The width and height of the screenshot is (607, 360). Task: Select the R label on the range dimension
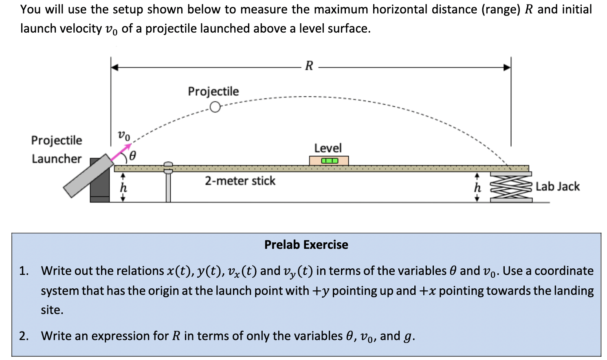pyautogui.click(x=309, y=66)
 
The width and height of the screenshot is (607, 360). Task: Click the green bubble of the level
pyautogui.click(x=329, y=161)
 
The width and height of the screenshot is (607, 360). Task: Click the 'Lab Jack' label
pyautogui.click(x=557, y=187)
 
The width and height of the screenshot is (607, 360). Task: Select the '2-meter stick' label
pyautogui.click(x=240, y=181)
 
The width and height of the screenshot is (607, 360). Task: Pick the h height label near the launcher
pyautogui.click(x=123, y=188)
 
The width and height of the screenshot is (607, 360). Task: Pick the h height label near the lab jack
pyautogui.click(x=477, y=188)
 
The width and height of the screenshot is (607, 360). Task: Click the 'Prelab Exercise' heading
pyautogui.click(x=306, y=245)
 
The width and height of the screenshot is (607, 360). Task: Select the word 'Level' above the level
pyautogui.click(x=328, y=148)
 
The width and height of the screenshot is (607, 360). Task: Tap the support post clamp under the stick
pyautogui.click(x=168, y=168)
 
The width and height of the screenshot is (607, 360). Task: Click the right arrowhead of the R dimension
pyautogui.click(x=507, y=68)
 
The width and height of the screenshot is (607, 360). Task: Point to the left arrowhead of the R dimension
pyautogui.click(x=115, y=68)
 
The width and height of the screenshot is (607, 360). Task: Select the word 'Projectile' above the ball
pyautogui.click(x=213, y=91)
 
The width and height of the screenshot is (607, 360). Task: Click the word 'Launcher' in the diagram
pyautogui.click(x=57, y=158)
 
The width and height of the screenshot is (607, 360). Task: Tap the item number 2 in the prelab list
pyautogui.click(x=23, y=336)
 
